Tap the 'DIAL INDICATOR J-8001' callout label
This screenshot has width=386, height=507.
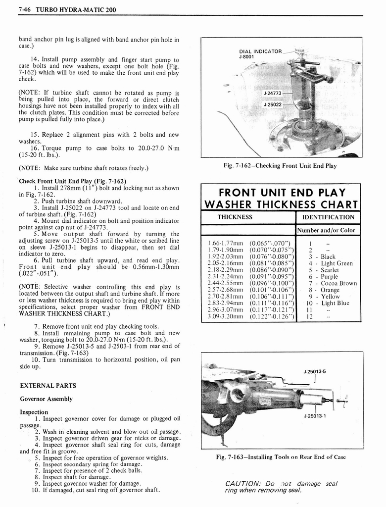click(x=260, y=53)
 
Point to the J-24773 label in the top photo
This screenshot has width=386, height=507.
click(x=272, y=93)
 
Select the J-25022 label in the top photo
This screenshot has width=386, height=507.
click(x=272, y=104)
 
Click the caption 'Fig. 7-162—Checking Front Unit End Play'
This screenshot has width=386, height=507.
click(x=280, y=166)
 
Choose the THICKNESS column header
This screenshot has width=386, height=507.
click(x=235, y=217)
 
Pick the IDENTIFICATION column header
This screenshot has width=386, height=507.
click(x=328, y=217)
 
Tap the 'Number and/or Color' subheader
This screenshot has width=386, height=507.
click(x=328, y=230)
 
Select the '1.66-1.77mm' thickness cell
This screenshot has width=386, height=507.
click(x=224, y=244)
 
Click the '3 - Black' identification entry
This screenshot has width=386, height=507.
click(x=321, y=257)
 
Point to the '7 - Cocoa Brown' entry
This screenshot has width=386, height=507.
click(x=332, y=283)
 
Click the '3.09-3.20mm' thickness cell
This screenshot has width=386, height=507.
click(x=224, y=316)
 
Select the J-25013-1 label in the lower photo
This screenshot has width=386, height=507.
click(x=314, y=416)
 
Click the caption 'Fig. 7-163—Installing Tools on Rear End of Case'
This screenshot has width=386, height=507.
click(x=281, y=457)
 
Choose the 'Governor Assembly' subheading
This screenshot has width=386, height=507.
click(x=46, y=399)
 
